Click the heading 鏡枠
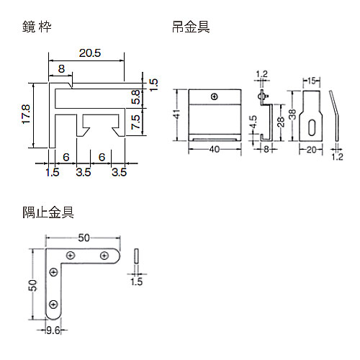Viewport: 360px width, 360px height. tap(37, 27)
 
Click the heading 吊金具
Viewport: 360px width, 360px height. tap(191, 27)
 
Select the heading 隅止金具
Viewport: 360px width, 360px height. tap(48, 212)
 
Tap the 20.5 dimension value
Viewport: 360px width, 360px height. tap(90, 53)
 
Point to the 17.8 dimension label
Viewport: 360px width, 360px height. tap(26, 114)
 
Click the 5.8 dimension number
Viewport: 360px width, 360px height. tap(136, 97)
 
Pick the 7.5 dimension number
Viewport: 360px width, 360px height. tap(136, 122)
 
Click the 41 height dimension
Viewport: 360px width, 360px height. tap(177, 114)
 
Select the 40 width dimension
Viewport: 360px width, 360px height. tap(215, 150)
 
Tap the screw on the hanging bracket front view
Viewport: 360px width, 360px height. tap(215, 97)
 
